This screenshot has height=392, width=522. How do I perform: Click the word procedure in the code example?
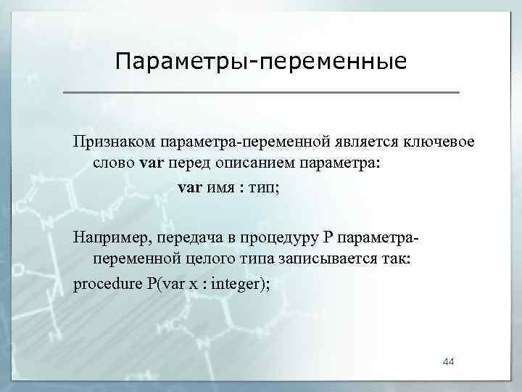[x=107, y=283]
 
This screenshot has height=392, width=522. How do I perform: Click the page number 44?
[x=449, y=362]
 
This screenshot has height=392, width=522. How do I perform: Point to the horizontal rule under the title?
[x=261, y=93]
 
